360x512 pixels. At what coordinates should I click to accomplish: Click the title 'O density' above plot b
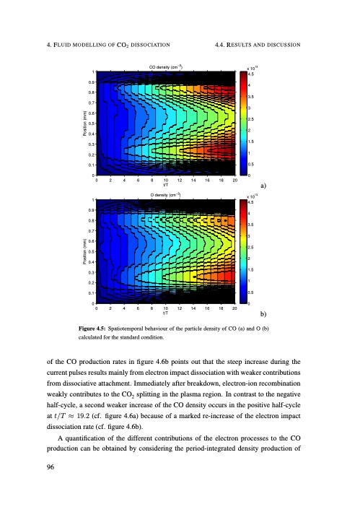(165, 195)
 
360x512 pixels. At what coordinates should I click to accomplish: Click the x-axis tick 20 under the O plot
(236, 308)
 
